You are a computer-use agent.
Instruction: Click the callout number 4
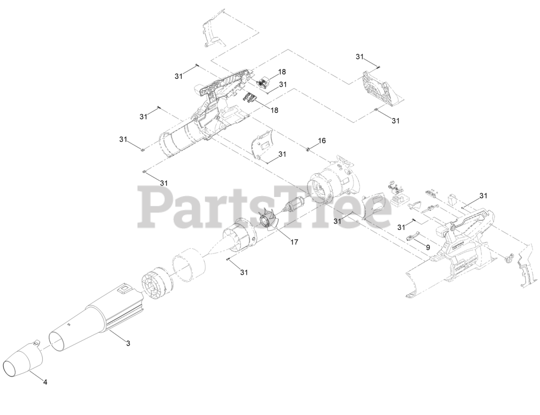pyautogui.click(x=45, y=382)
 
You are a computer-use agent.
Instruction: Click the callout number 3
pyautogui.click(x=128, y=343)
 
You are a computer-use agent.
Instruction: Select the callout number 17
pyautogui.click(x=294, y=242)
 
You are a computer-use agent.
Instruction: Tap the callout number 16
pyautogui.click(x=322, y=140)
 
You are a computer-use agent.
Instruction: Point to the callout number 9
pyautogui.click(x=428, y=248)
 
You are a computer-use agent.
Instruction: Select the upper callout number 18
pyautogui.click(x=282, y=72)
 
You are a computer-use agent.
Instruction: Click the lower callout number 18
pyautogui.click(x=274, y=110)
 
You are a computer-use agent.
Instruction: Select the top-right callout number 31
pyautogui.click(x=359, y=57)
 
